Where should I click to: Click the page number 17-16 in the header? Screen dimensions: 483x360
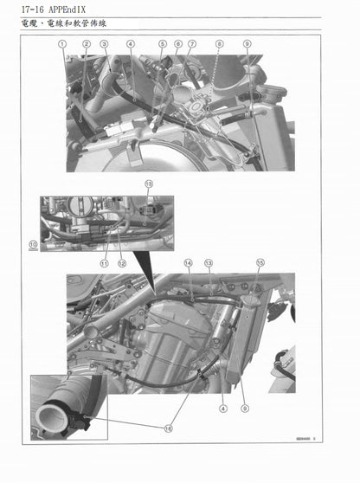click(x=24, y=10)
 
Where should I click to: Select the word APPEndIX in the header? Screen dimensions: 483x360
click(x=70, y=10)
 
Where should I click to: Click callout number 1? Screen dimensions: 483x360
click(x=62, y=43)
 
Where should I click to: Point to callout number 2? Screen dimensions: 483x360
click(x=87, y=43)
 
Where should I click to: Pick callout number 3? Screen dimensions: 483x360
click(x=104, y=43)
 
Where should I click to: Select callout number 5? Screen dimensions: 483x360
click(x=162, y=43)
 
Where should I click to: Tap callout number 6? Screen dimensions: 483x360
click(x=177, y=43)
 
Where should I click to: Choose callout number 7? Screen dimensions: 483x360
click(x=192, y=43)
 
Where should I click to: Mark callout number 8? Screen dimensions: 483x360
click(x=219, y=43)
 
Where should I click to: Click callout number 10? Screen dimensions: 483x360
click(x=33, y=246)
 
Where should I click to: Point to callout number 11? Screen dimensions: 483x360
click(x=104, y=263)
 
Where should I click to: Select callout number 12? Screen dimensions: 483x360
click(x=122, y=263)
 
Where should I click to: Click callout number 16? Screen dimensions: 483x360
click(x=168, y=428)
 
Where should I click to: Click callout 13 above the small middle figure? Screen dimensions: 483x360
click(x=148, y=184)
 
